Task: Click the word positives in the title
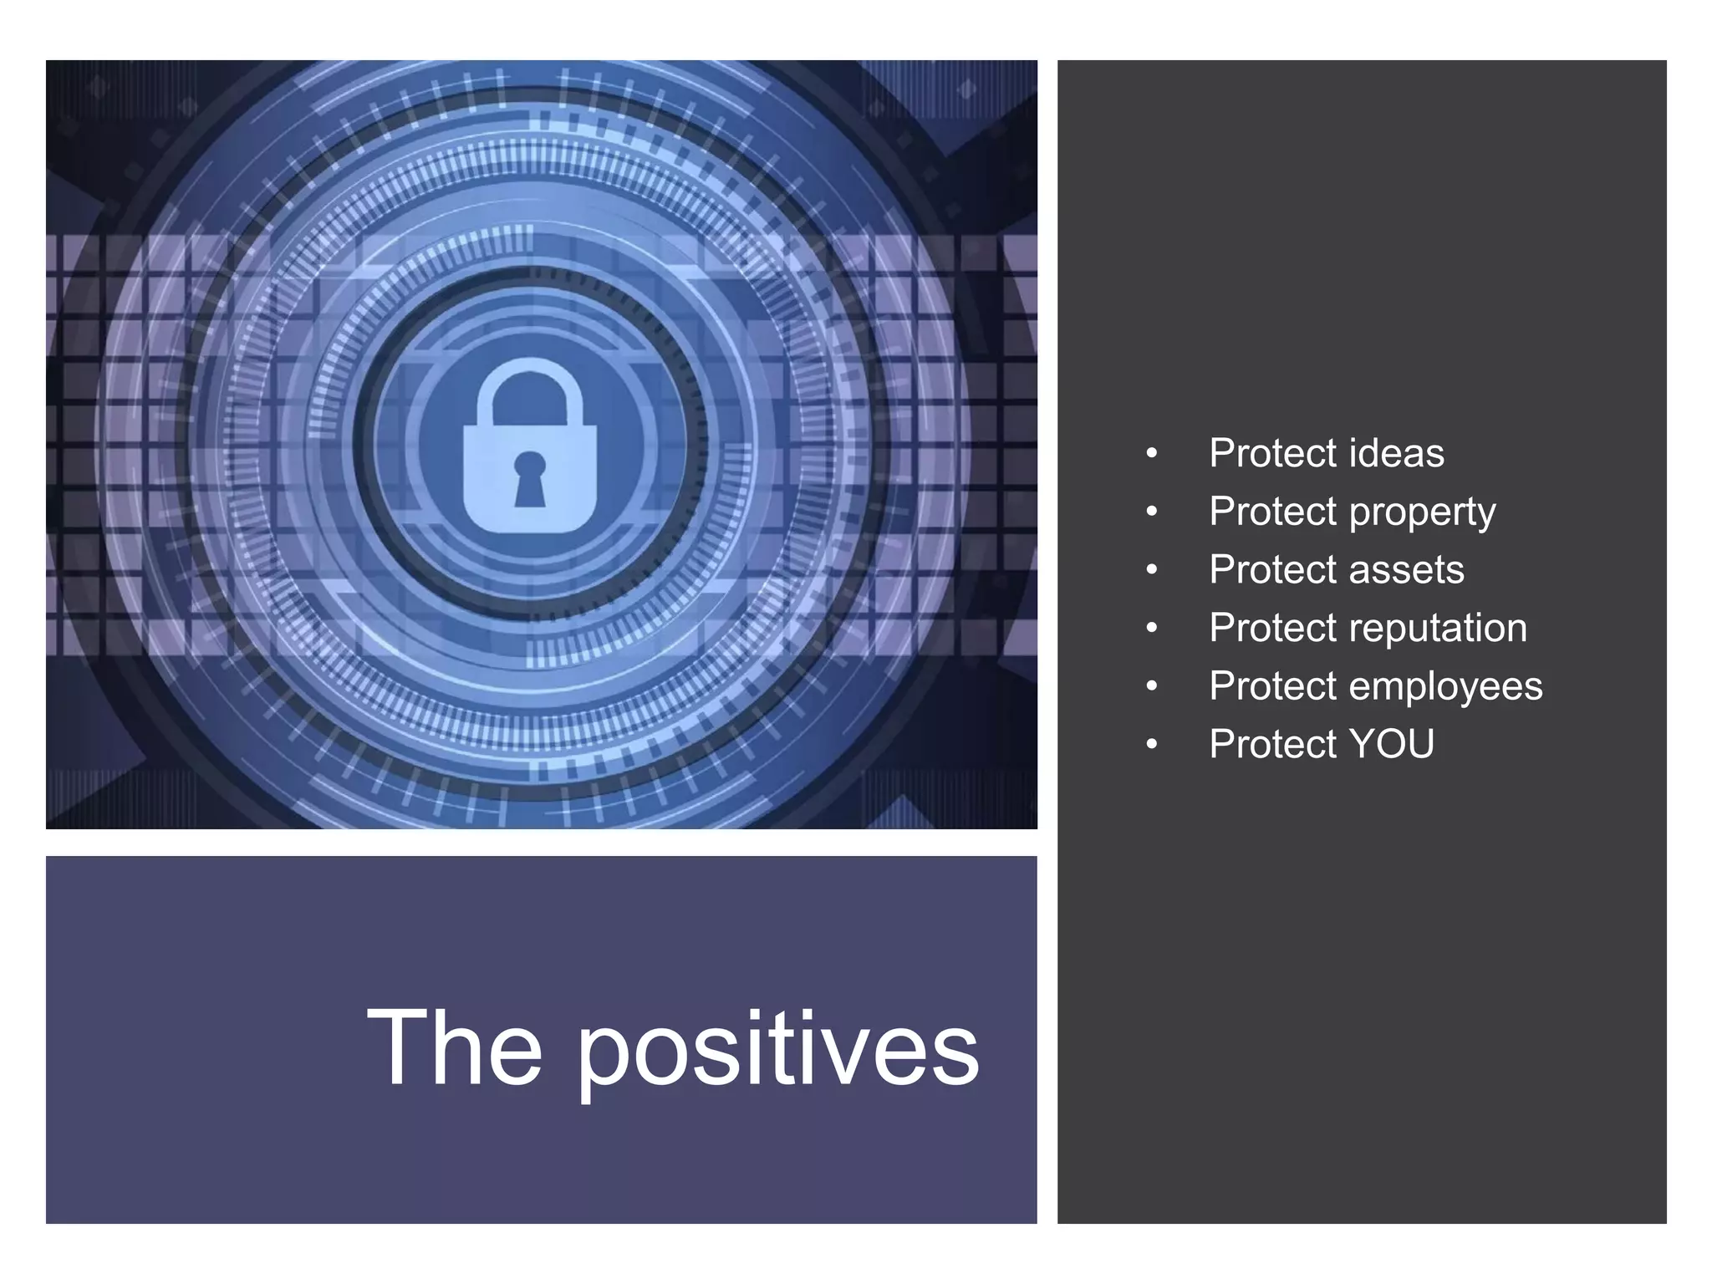pos(777,1049)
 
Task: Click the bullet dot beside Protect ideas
pos(1152,454)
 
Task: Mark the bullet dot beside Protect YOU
pos(1152,744)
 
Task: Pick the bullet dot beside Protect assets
pos(1152,570)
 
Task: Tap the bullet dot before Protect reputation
pos(1152,628)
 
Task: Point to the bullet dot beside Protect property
pos(1152,512)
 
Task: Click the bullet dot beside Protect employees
pos(1152,686)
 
